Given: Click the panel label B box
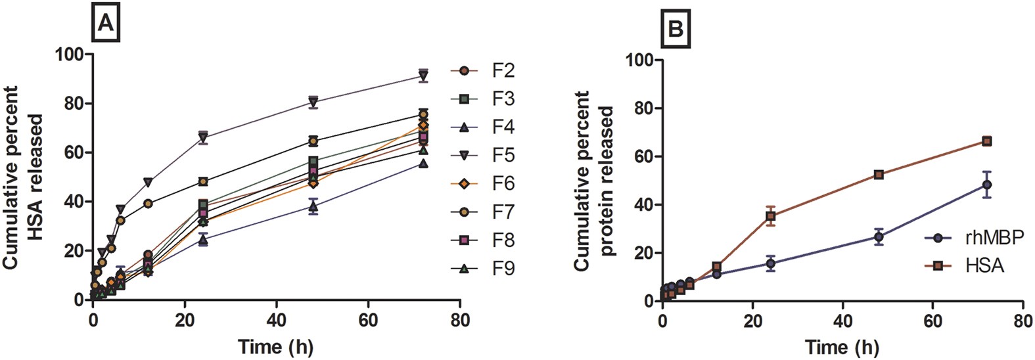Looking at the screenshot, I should click(675, 30).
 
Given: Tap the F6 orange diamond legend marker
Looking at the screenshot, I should click(465, 184).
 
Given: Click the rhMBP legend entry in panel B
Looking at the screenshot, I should click(973, 238).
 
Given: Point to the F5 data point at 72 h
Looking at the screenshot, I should click(423, 74).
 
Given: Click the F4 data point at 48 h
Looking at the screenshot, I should click(313, 206).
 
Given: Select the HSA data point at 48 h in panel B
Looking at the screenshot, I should click(879, 175).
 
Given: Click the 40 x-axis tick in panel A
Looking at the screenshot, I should click(276, 321).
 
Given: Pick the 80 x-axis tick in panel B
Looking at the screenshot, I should click(1023, 322).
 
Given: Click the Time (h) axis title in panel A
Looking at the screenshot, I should click(275, 346).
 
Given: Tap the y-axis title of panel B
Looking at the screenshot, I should click(594, 181).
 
